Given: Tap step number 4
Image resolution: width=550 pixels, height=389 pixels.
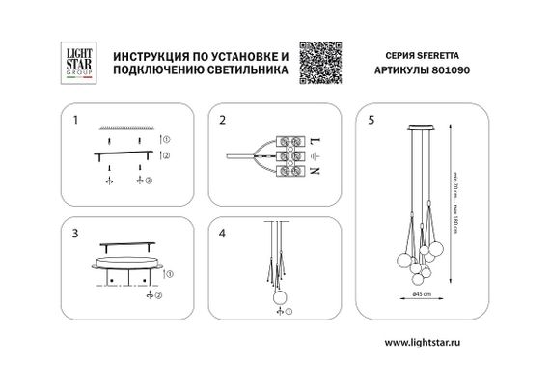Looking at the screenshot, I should tap(222, 234).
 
